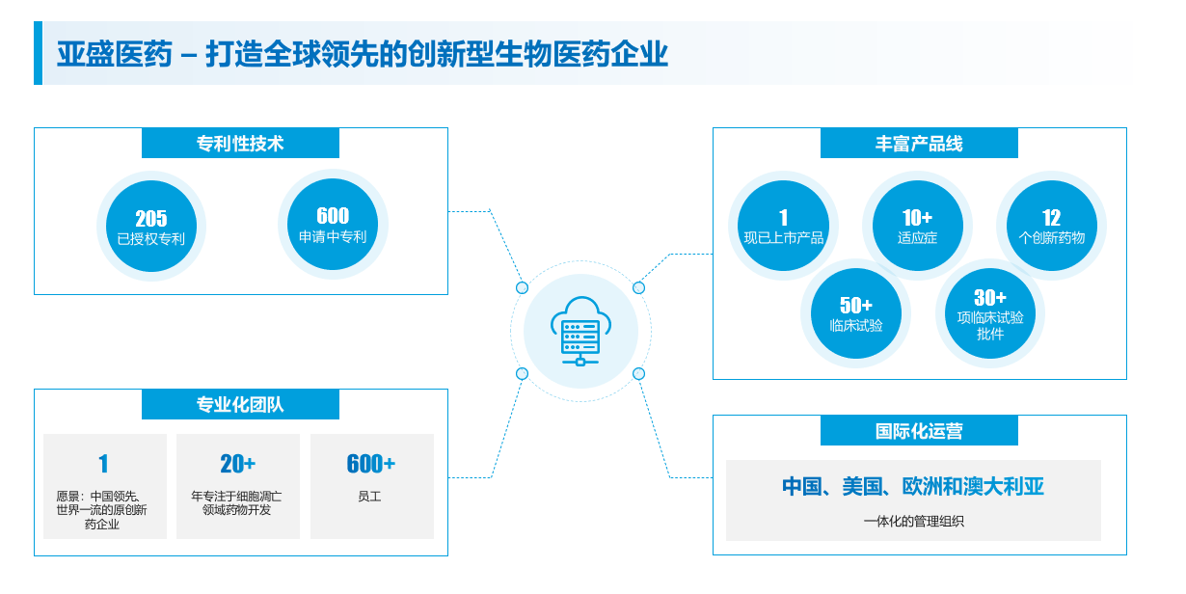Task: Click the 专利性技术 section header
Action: [240, 144]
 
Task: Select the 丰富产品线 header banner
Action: [919, 144]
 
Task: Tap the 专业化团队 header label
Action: [240, 405]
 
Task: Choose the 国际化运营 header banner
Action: [919, 431]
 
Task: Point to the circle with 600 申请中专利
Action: [333, 225]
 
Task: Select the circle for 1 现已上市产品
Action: [783, 226]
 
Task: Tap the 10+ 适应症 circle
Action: [917, 226]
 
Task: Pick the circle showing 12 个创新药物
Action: [1051, 226]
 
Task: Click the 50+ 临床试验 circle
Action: [856, 313]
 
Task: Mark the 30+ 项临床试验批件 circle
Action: [990, 313]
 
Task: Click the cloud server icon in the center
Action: [580, 332]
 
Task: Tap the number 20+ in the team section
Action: [237, 465]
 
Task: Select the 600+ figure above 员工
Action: [370, 465]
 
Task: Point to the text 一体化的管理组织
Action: [913, 522]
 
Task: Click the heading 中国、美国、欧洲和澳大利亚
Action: [913, 486]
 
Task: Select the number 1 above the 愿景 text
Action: [103, 465]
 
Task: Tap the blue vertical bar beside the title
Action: [38, 53]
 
